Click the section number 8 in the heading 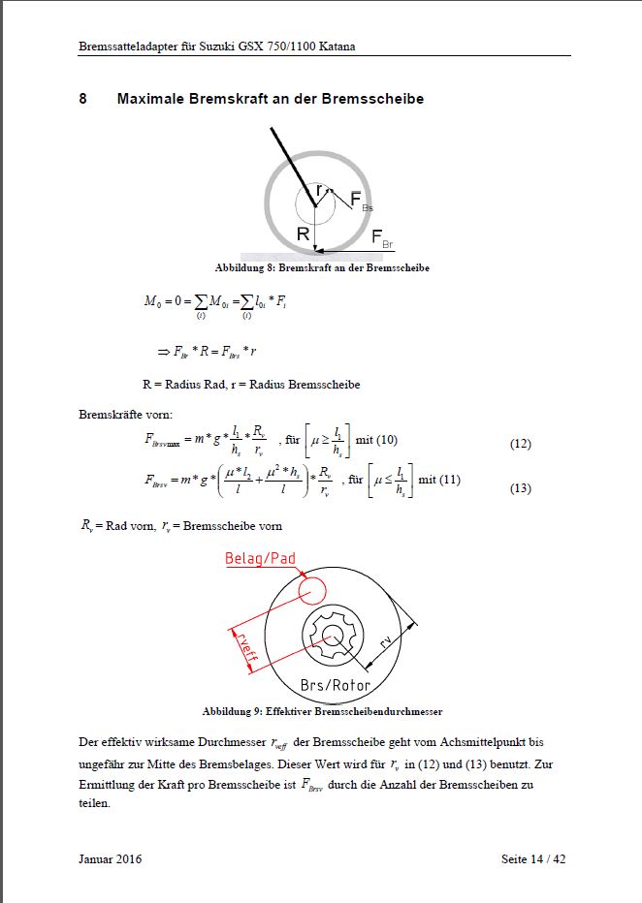83,99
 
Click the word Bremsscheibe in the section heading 377,99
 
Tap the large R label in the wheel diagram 303,234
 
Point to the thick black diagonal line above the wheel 291,160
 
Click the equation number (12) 520,444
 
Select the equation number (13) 520,488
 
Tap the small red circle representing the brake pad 311,589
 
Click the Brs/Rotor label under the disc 336,686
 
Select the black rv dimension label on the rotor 385,640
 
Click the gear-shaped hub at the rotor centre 332,636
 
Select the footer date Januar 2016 110,858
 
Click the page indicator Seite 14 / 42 532,858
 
